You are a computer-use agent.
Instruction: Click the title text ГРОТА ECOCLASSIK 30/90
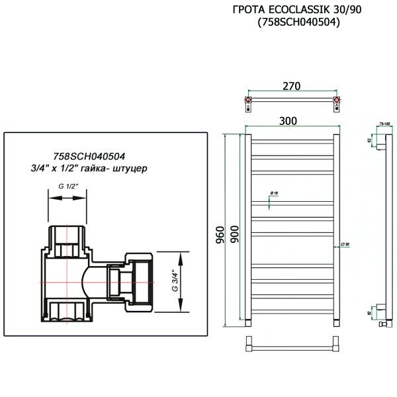(292, 10)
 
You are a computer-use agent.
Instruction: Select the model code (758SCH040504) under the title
(292, 22)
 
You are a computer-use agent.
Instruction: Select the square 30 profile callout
(345, 244)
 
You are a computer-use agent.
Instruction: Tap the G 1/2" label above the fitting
(68, 187)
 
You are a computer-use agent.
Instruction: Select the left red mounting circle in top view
(248, 102)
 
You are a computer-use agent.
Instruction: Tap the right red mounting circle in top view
(337, 102)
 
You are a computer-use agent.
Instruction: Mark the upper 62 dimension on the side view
(369, 140)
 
